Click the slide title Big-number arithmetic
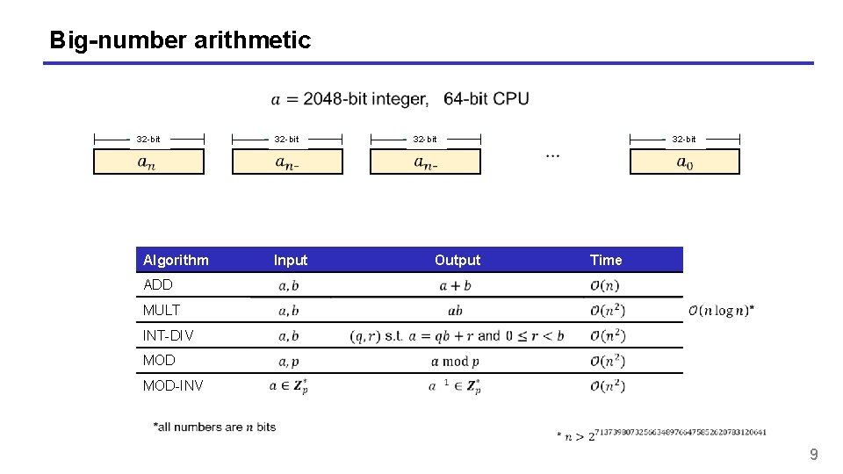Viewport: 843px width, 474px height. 180,40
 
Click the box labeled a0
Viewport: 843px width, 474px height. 685,162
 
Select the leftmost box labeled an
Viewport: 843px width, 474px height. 148,162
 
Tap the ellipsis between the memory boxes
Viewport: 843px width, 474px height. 553,154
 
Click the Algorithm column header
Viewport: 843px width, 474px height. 176,260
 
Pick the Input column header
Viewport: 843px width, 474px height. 291,260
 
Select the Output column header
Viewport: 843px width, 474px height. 458,260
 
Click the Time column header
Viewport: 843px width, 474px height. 606,260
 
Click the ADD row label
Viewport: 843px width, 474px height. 158,284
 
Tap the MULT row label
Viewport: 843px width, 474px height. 162,310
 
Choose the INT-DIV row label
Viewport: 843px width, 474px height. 168,335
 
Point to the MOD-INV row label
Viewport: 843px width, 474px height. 171,385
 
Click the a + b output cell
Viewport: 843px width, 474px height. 455,285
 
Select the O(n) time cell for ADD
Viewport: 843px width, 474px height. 605,285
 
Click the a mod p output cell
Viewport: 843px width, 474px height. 455,361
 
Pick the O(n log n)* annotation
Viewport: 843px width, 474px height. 721,310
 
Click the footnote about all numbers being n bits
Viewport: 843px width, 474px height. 214,427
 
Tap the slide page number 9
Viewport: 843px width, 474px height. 813,454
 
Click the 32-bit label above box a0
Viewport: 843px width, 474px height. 684,139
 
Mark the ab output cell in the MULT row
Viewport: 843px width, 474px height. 455,311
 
